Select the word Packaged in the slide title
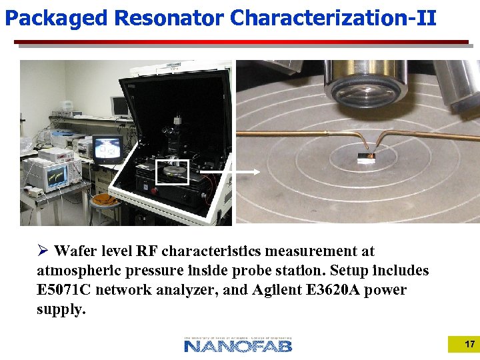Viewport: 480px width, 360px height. click(56, 18)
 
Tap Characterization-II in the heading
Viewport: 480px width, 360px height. click(333, 18)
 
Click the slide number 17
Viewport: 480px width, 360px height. click(469, 344)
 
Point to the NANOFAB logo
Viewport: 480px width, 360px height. click(238, 345)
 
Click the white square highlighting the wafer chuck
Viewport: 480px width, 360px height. click(172, 172)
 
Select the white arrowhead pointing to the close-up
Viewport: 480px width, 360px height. click(256, 171)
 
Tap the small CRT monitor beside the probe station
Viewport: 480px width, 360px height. click(107, 149)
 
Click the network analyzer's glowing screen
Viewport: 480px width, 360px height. click(56, 174)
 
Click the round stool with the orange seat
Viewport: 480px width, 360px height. click(103, 201)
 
